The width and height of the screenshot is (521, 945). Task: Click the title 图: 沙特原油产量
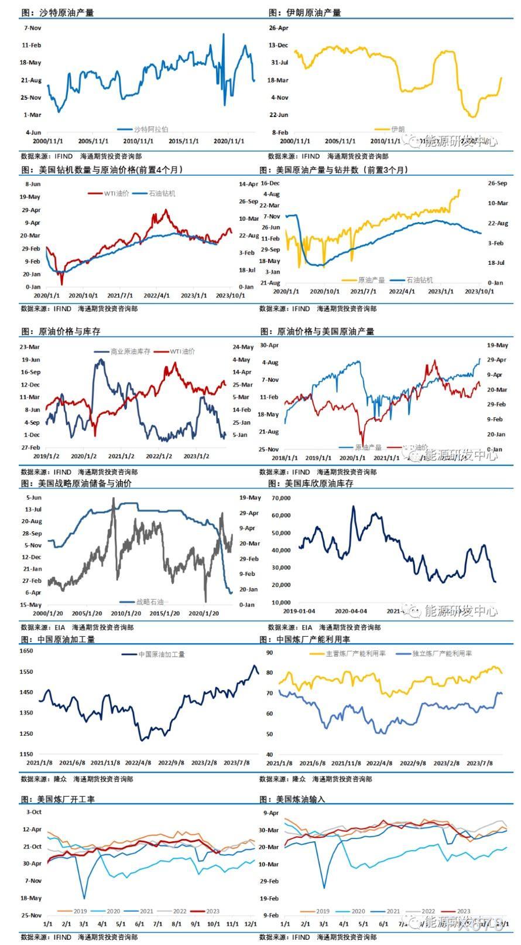pos(57,12)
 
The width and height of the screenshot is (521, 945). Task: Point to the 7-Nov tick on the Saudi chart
pos(32,28)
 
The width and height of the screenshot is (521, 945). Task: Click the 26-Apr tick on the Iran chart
pos(279,28)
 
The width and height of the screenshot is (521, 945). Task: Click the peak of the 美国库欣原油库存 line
pos(353,507)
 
